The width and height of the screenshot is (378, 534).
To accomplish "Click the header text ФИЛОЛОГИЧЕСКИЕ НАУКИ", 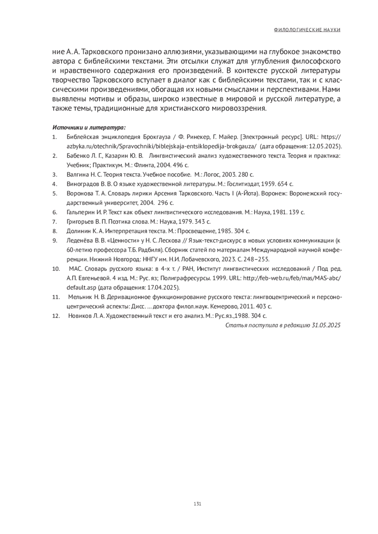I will (x=307, y=30).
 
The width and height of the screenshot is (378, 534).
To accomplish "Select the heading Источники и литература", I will (x=89, y=128).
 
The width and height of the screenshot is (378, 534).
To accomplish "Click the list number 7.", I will (x=55, y=222).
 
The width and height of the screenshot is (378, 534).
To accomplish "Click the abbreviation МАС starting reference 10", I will (x=75, y=269).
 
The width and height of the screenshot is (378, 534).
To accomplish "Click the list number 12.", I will (x=56, y=316).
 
